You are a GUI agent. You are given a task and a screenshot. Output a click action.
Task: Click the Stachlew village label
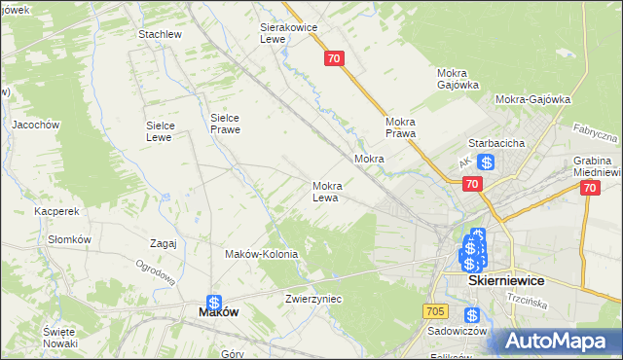161,34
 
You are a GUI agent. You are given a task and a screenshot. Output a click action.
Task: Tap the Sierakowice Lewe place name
289,33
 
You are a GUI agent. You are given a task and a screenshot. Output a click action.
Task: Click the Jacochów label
36,125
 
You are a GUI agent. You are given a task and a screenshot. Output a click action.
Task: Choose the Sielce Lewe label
160,130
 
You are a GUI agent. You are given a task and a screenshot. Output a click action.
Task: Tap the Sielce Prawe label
225,124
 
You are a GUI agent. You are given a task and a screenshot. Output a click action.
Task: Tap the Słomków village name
70,239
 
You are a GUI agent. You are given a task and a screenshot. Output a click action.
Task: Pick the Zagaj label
164,243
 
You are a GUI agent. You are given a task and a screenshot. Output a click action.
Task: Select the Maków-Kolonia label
261,254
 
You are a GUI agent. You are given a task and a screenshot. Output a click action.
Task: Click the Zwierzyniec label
313,299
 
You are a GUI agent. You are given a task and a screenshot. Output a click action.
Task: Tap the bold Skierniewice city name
506,280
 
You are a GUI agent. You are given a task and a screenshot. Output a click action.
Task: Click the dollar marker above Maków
214,303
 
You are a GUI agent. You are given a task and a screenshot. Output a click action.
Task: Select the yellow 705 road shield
435,310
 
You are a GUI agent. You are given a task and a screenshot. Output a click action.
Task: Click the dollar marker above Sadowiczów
472,315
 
